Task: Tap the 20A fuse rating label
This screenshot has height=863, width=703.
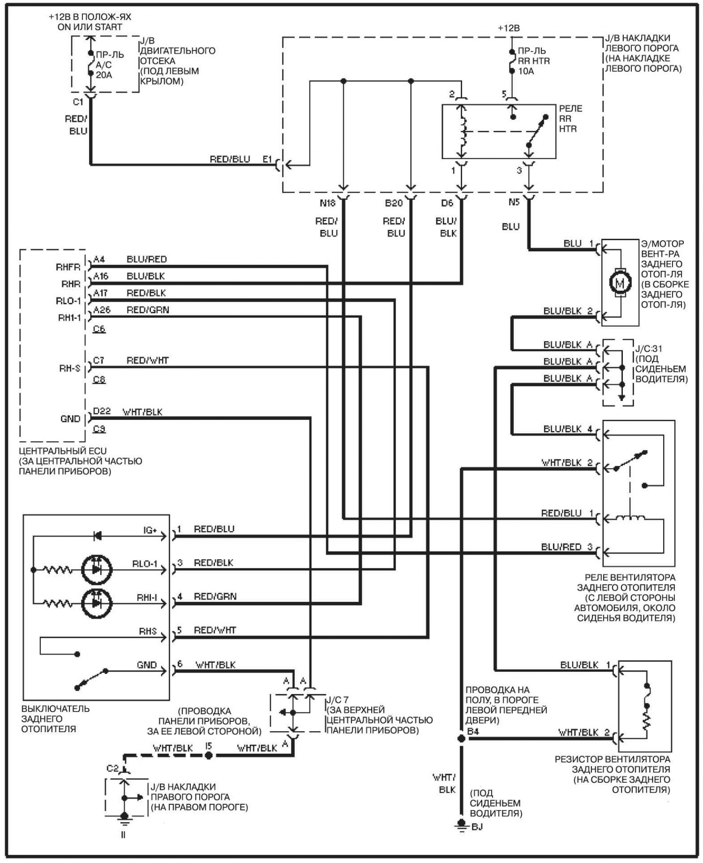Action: coord(104,75)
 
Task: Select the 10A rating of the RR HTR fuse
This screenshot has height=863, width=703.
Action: coord(526,71)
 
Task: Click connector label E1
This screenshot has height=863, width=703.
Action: coord(267,159)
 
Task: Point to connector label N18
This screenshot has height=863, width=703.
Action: coord(328,203)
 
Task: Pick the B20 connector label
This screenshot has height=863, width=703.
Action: coord(394,203)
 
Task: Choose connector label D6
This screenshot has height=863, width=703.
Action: coord(447,203)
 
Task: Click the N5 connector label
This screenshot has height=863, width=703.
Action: coord(514,202)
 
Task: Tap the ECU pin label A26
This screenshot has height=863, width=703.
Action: coord(102,310)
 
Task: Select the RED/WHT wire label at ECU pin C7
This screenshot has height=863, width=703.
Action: coord(148,361)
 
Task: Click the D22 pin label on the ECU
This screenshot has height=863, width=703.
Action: coord(102,411)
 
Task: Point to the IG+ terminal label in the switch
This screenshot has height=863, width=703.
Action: coord(150,530)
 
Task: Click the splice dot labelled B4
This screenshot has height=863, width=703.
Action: coord(462,739)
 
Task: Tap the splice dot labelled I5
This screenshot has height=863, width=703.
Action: coord(209,755)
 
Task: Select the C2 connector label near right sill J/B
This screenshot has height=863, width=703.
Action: coord(112,768)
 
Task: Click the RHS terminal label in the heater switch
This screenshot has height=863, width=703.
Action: coord(148,631)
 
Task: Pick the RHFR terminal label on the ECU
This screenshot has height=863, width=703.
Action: coord(68,267)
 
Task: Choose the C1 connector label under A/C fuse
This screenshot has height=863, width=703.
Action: coord(77,102)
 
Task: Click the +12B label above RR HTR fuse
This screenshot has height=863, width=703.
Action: coord(509,28)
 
